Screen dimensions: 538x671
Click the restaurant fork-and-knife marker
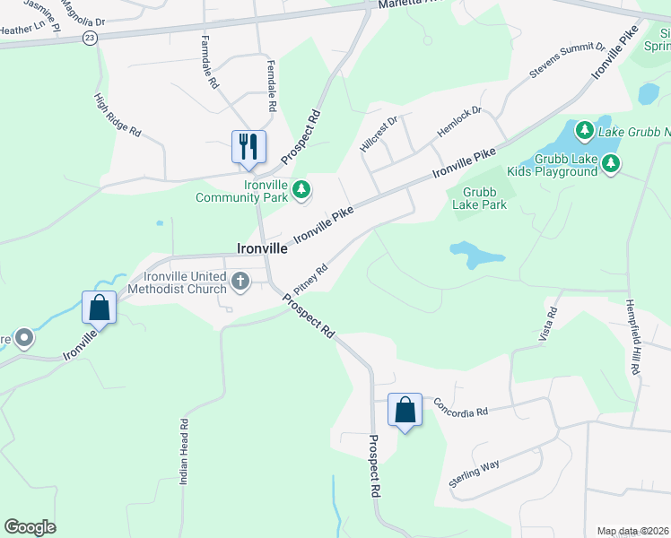click(x=248, y=147)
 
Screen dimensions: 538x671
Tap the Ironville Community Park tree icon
click(x=303, y=189)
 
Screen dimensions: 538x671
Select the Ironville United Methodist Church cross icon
click(x=240, y=282)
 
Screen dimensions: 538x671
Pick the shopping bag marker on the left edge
click(x=99, y=308)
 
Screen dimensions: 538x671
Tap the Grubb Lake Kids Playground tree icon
click(x=611, y=162)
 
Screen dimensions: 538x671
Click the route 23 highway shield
click(x=89, y=38)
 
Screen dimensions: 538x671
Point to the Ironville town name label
click(x=261, y=249)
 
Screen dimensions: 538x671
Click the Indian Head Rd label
click(x=183, y=452)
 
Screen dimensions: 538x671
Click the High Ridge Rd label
click(x=118, y=115)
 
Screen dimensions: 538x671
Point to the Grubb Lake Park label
click(x=484, y=198)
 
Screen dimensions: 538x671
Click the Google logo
click(x=30, y=527)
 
